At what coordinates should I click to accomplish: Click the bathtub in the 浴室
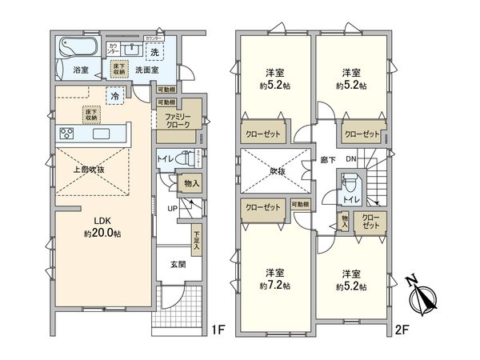point(77,48)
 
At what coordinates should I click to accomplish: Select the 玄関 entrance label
point(178,264)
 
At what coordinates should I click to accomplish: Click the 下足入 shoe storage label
point(196,238)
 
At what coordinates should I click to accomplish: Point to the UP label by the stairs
point(172,210)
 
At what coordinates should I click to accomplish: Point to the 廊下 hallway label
point(326,159)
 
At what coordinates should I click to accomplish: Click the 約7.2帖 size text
point(274,286)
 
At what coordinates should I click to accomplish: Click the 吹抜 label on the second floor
point(276,170)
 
